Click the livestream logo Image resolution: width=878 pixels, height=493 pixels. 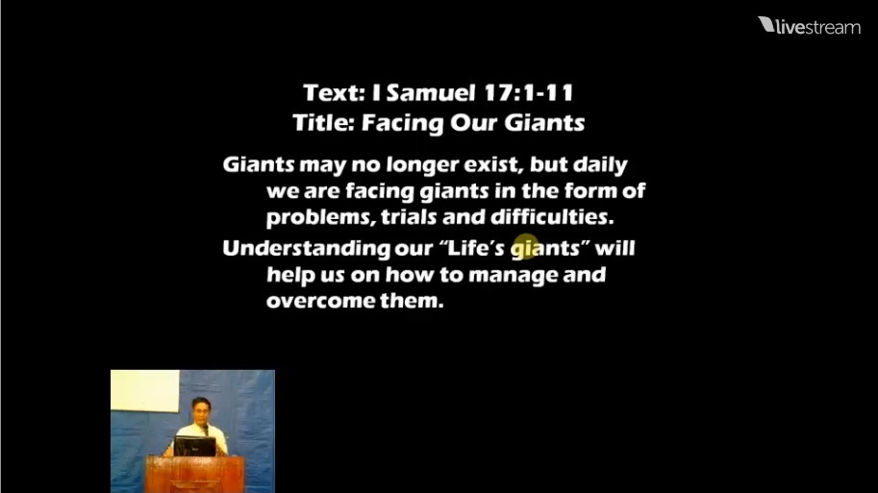[809, 26]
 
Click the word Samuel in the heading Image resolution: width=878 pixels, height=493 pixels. [431, 93]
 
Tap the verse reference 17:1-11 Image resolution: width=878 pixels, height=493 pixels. [529, 93]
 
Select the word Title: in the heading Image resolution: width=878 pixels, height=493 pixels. [324, 123]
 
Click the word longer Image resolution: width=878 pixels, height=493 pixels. [422, 165]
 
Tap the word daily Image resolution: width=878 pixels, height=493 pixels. [600, 165]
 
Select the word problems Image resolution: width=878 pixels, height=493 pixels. [321, 217]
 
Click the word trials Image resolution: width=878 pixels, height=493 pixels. [409, 216]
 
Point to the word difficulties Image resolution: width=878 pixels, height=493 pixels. [552, 216]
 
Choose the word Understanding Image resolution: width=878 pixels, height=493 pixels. [306, 249]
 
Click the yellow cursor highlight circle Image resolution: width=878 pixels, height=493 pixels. [525, 247]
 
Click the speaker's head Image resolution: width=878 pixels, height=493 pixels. [201, 410]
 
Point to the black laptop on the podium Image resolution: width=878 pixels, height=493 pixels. [194, 447]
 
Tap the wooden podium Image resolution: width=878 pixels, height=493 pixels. [195, 474]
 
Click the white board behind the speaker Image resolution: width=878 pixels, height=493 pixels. [145, 391]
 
